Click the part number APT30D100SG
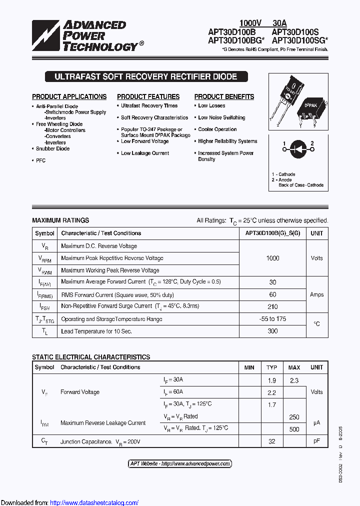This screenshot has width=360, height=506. coord(299,40)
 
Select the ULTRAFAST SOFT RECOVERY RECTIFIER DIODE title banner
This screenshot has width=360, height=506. coord(145,77)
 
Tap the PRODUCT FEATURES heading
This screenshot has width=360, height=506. coord(148,96)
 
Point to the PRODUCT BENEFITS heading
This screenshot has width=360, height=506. coord(224,96)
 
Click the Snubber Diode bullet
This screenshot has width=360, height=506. coord(52,148)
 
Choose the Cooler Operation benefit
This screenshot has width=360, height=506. coord(217,129)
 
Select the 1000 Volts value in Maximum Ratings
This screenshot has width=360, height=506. coord(273,258)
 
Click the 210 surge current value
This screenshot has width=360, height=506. coord(273,306)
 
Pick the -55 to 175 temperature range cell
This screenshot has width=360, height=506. coord(273,319)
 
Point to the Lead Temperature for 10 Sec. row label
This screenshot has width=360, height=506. coord(96,331)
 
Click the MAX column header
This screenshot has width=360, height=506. coord(294,367)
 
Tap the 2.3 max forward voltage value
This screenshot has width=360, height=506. coord(294,380)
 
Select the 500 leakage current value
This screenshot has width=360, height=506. coord(294,429)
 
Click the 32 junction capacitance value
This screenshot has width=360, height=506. coord(271,441)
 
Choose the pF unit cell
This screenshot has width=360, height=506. coord(316,441)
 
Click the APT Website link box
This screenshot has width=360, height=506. coord(180,463)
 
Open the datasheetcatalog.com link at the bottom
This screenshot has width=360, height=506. coord(94,502)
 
